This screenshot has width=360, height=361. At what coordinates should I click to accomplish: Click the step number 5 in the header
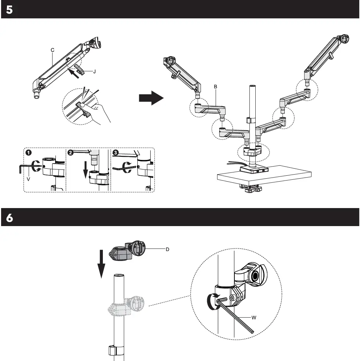coord(10,10)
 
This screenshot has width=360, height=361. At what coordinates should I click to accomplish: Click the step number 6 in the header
coord(10,218)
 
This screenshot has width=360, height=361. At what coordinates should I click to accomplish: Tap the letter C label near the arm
coord(53,49)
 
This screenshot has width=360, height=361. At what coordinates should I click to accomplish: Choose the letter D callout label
coord(167,249)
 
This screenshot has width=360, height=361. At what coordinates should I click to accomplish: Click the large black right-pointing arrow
coord(151,98)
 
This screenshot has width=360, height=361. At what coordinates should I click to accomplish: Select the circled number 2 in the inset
coord(70,152)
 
